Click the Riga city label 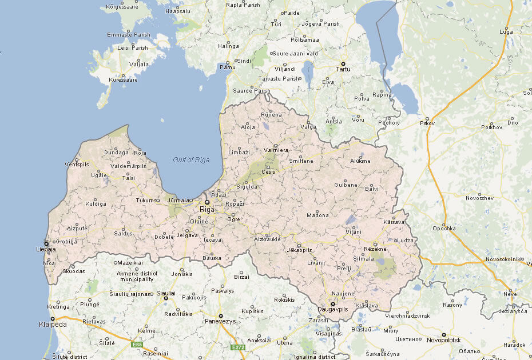click(207, 210)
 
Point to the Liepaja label click(45, 250)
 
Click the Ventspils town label click(77, 164)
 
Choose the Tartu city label click(343, 69)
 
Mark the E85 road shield click(136, 345)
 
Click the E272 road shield click(238, 347)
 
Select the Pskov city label click(427, 123)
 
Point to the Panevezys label click(220, 322)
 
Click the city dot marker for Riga click(207, 202)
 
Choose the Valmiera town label click(276, 151)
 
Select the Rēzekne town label click(376, 249)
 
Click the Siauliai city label click(166, 293)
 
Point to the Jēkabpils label click(299, 250)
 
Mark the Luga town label click(506, 31)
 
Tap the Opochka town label click(444, 229)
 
